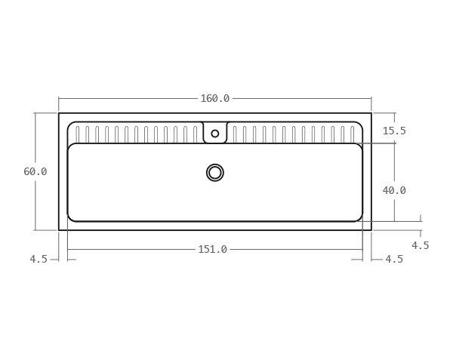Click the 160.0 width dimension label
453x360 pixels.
[214, 98]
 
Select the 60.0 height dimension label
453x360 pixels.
[35, 171]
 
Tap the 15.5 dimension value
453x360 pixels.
[393, 131]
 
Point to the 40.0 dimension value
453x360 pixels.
[393, 190]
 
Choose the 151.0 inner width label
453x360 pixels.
[212, 249]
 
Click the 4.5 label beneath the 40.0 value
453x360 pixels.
[420, 245]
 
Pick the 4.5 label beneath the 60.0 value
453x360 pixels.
[39, 259]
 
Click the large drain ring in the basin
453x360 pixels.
[215, 173]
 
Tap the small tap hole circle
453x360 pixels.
[215, 134]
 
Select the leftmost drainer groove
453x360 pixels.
[78, 134]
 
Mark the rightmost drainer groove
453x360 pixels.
[352, 134]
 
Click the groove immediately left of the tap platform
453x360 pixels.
[195, 134]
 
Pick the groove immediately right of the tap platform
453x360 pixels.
[235, 134]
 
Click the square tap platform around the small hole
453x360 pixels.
[215, 131]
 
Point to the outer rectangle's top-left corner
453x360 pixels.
[59, 113]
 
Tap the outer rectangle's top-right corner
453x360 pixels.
[371, 113]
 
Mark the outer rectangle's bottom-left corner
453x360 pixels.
[59, 229]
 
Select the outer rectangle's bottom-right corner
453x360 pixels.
[371, 229]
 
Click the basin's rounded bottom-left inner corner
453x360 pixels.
[70, 218]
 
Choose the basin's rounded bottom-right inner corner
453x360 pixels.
[359, 218]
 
